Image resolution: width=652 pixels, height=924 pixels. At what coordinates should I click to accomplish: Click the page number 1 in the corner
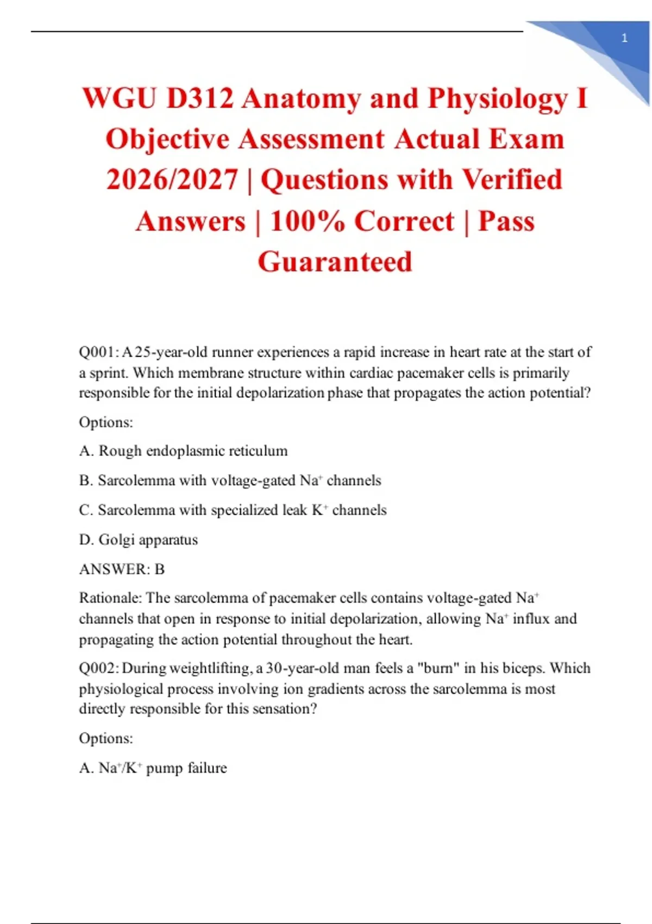pos(624,38)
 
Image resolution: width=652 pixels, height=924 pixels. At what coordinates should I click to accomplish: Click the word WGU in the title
pos(119,99)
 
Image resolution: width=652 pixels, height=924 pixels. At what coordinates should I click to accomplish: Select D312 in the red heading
pos(200,99)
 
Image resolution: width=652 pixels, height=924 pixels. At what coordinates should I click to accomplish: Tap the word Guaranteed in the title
pos(335,262)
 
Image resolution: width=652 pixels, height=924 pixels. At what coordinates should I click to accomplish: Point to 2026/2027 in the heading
pos(172,180)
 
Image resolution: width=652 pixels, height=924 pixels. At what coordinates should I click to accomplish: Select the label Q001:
pos(98,352)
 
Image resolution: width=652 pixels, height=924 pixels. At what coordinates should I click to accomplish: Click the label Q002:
pos(99,668)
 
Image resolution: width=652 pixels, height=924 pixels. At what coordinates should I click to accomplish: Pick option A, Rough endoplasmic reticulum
pos(183,451)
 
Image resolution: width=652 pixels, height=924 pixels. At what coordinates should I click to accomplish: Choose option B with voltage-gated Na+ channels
pos(230,480)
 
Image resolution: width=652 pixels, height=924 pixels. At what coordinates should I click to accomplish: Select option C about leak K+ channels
pos(233,510)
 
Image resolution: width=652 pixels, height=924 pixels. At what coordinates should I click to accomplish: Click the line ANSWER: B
pos(122,569)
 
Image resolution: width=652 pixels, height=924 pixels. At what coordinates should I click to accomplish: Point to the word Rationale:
pos(110,598)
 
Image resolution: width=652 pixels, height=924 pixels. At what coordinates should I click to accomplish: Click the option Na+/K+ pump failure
pos(153,768)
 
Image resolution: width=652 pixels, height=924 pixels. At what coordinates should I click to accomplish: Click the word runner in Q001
pos(232,352)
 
